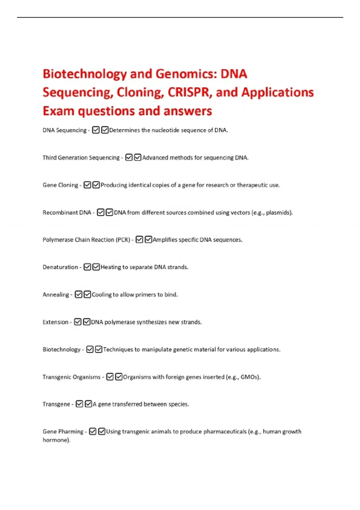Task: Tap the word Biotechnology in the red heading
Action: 85,74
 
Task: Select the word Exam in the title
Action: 58,111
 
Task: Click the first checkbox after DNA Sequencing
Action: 96,130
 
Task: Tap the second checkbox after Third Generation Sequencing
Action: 138,157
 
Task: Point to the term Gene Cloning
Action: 60,185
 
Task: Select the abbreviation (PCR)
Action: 123,240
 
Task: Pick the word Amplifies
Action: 165,240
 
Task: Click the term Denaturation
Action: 60,267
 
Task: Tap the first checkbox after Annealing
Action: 78,294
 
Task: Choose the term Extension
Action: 55,322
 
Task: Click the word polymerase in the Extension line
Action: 120,322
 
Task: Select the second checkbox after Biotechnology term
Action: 99,349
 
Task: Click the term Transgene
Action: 56,404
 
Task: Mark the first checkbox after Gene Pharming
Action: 93,431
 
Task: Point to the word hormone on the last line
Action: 56,440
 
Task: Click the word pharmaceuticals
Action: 225,431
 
